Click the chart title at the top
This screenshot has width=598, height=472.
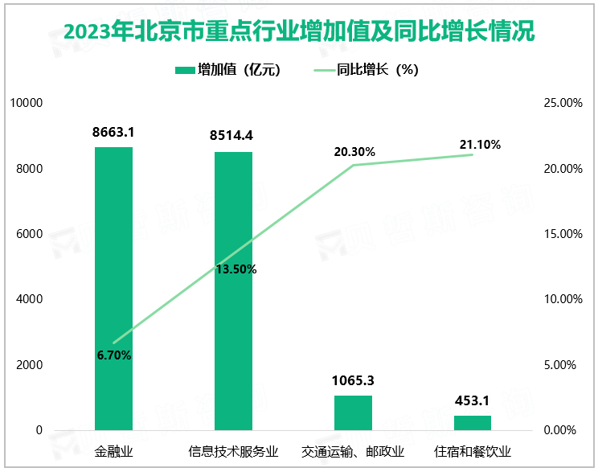click(298, 33)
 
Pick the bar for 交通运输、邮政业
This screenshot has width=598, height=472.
click(353, 412)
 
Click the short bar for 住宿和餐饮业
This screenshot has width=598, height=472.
click(472, 422)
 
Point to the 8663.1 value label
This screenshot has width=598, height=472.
click(113, 132)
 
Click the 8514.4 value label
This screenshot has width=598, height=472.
click(233, 137)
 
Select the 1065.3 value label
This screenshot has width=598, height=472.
click(353, 380)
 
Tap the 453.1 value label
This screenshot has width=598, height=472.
click(472, 400)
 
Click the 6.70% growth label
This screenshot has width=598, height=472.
click(113, 355)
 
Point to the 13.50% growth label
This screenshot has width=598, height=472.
click(236, 269)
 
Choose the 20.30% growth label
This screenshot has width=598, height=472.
click(354, 152)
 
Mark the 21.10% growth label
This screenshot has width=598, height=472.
click(480, 145)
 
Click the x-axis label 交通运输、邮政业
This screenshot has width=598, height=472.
click(353, 450)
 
